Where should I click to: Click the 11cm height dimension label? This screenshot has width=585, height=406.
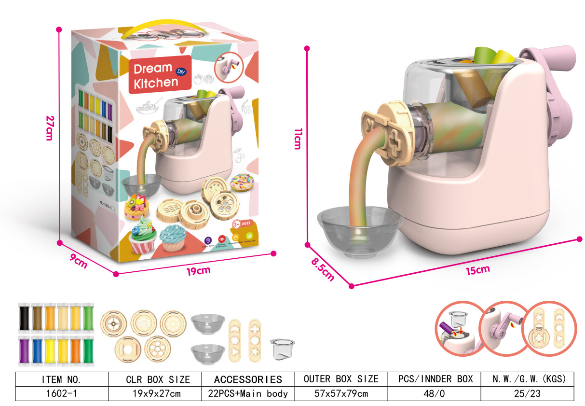tap(297, 139)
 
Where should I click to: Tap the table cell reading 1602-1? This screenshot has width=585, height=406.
tap(62, 393)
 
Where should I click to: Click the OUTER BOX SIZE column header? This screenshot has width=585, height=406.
tap(341, 379)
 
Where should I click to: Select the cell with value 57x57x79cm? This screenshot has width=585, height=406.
tap(341, 393)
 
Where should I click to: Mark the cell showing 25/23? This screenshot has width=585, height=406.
tap(527, 393)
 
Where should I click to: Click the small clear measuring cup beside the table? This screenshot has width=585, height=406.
tap(282, 349)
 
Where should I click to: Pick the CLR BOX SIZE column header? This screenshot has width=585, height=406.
tap(155, 379)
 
